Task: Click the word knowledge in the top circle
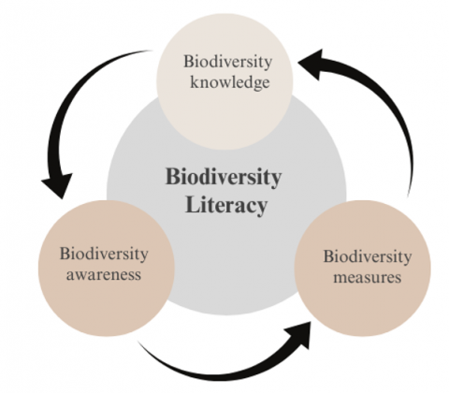230,82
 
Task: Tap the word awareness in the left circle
104,275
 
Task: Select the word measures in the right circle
368,277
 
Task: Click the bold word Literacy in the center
226,205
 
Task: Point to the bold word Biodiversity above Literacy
224,177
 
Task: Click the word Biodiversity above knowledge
227,62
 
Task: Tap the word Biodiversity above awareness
104,254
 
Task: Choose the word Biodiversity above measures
368,256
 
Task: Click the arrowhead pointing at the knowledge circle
311,65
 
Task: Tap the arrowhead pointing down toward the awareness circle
58,184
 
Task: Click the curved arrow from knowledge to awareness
62,103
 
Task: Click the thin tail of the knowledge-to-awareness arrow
147,51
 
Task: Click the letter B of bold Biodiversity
172,177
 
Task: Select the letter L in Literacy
192,204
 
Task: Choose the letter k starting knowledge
195,81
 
